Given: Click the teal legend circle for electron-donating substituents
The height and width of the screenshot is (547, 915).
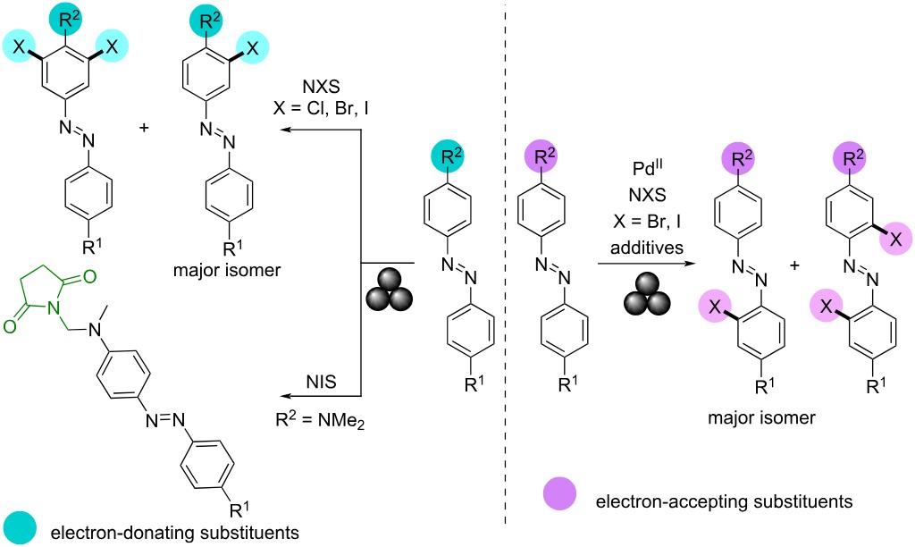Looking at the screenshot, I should tap(17, 526).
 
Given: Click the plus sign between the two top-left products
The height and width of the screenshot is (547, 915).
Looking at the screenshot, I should tap(145, 130).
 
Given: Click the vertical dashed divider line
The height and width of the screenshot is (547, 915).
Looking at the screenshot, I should tap(508, 268).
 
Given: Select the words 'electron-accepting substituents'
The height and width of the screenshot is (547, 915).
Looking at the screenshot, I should tap(699, 501).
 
